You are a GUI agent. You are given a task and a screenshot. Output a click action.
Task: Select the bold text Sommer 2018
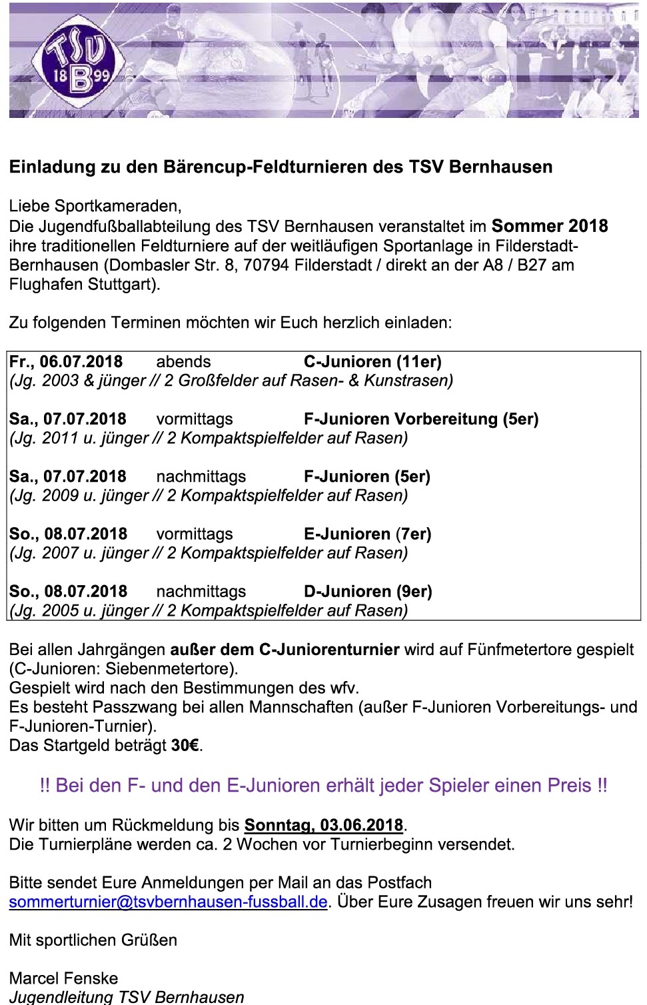click(550, 226)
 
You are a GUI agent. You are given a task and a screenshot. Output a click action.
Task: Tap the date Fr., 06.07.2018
click(66, 362)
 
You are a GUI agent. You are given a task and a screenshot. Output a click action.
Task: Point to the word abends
click(183, 362)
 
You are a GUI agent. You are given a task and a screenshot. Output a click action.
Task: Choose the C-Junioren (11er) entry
click(372, 362)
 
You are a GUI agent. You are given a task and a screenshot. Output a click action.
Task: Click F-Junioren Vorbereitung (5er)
click(420, 419)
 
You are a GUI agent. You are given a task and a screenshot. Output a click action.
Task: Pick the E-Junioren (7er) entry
click(367, 534)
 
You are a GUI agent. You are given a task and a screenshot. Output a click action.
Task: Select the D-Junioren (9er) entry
click(368, 591)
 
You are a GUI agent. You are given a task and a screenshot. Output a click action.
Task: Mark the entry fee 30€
click(185, 745)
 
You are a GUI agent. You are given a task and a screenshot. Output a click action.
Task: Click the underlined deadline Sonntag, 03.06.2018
click(323, 825)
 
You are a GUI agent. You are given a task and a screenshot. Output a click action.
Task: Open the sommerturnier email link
click(169, 902)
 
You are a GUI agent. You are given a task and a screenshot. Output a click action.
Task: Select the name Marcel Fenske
click(63, 978)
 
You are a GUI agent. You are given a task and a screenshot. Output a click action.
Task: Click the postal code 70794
click(266, 265)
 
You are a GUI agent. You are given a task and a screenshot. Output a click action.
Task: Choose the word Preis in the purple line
click(569, 785)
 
